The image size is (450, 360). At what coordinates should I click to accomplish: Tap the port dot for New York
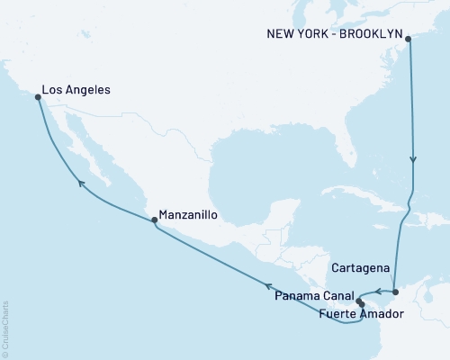point(409,39)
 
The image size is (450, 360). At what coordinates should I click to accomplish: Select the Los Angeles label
point(76,91)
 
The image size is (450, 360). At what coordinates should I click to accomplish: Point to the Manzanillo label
point(187,216)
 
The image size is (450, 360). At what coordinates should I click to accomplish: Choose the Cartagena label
point(360,268)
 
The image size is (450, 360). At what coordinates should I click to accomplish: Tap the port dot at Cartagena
point(396,292)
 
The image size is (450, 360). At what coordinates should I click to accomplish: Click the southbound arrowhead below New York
point(413,160)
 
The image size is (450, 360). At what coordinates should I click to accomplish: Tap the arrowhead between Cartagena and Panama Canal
point(378,292)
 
